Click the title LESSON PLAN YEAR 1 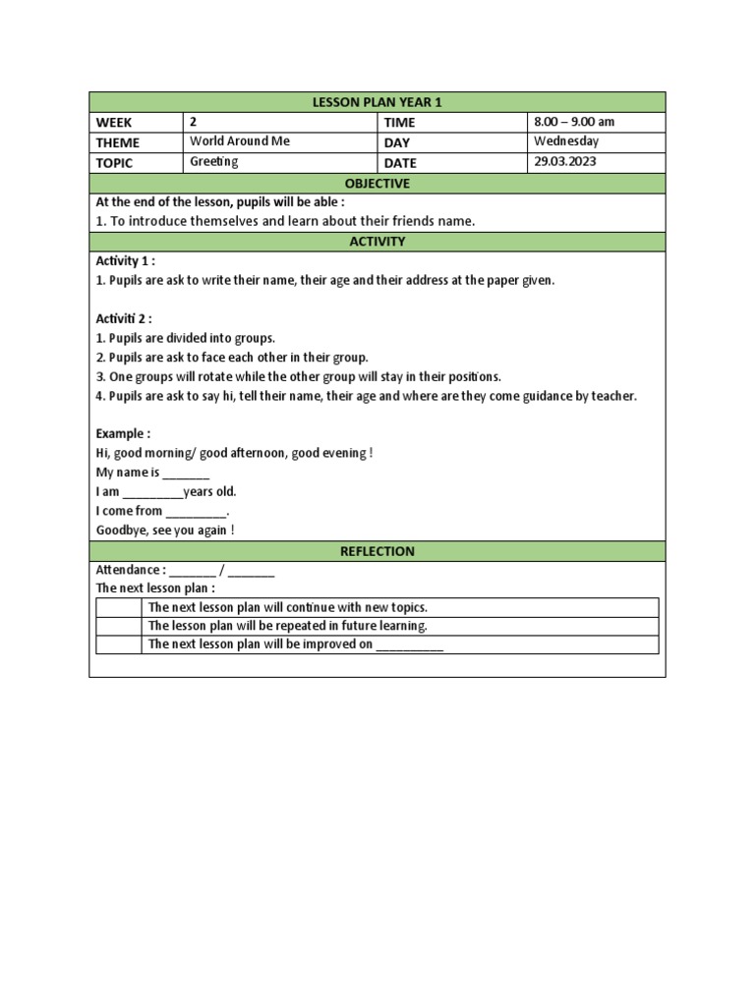(x=377, y=102)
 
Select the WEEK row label (x=114, y=123)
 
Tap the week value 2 (x=194, y=122)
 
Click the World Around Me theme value (x=240, y=141)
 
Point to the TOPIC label (x=114, y=163)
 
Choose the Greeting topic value (x=213, y=162)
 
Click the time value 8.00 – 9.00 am (x=574, y=122)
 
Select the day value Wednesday (x=565, y=141)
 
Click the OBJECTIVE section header (x=377, y=184)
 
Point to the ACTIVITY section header (x=377, y=242)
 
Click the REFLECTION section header (x=377, y=551)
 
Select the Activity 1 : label (x=125, y=261)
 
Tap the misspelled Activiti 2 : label (x=124, y=319)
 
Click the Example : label (x=123, y=433)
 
